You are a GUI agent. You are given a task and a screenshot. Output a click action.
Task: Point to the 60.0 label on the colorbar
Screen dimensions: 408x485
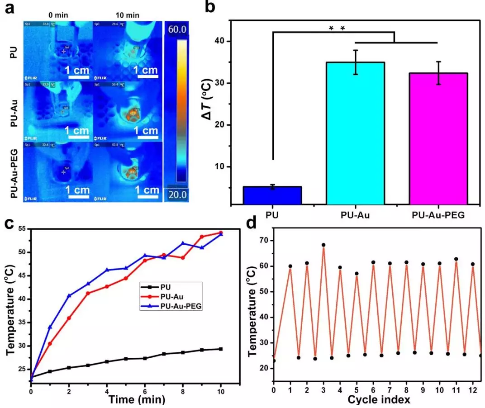(176, 29)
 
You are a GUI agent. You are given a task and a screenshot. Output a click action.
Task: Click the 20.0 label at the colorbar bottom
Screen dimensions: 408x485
(176, 195)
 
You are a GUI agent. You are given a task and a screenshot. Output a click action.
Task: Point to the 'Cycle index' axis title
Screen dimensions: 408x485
(379, 399)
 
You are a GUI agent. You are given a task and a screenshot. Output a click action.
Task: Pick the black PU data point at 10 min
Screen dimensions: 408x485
(220, 349)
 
